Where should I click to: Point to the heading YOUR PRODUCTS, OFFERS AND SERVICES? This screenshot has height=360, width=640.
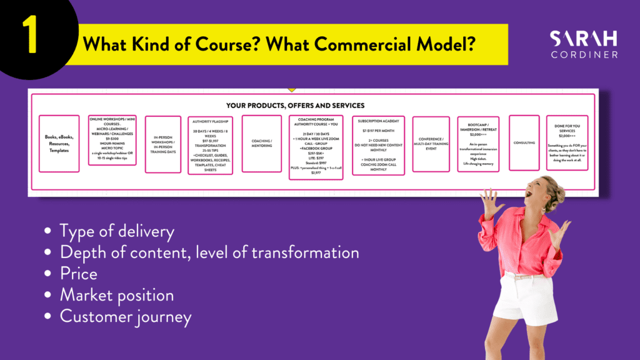click(295, 106)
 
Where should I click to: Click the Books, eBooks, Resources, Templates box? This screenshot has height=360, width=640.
click(59, 143)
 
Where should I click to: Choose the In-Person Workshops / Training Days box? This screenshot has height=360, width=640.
click(162, 143)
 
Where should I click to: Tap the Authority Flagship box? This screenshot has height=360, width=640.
click(210, 145)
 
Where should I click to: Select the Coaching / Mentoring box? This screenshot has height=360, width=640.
click(261, 143)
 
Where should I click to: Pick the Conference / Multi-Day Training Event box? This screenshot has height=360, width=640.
click(431, 144)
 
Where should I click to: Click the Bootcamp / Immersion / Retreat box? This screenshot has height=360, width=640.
click(478, 144)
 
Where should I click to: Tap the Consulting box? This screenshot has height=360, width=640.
click(524, 143)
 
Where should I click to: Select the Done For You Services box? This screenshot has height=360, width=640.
click(567, 143)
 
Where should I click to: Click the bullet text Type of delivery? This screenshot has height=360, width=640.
click(117, 231)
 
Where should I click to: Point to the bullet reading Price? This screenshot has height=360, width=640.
click(79, 274)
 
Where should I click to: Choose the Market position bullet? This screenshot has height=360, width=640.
click(117, 295)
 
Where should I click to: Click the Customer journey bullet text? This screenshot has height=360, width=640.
click(125, 316)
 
